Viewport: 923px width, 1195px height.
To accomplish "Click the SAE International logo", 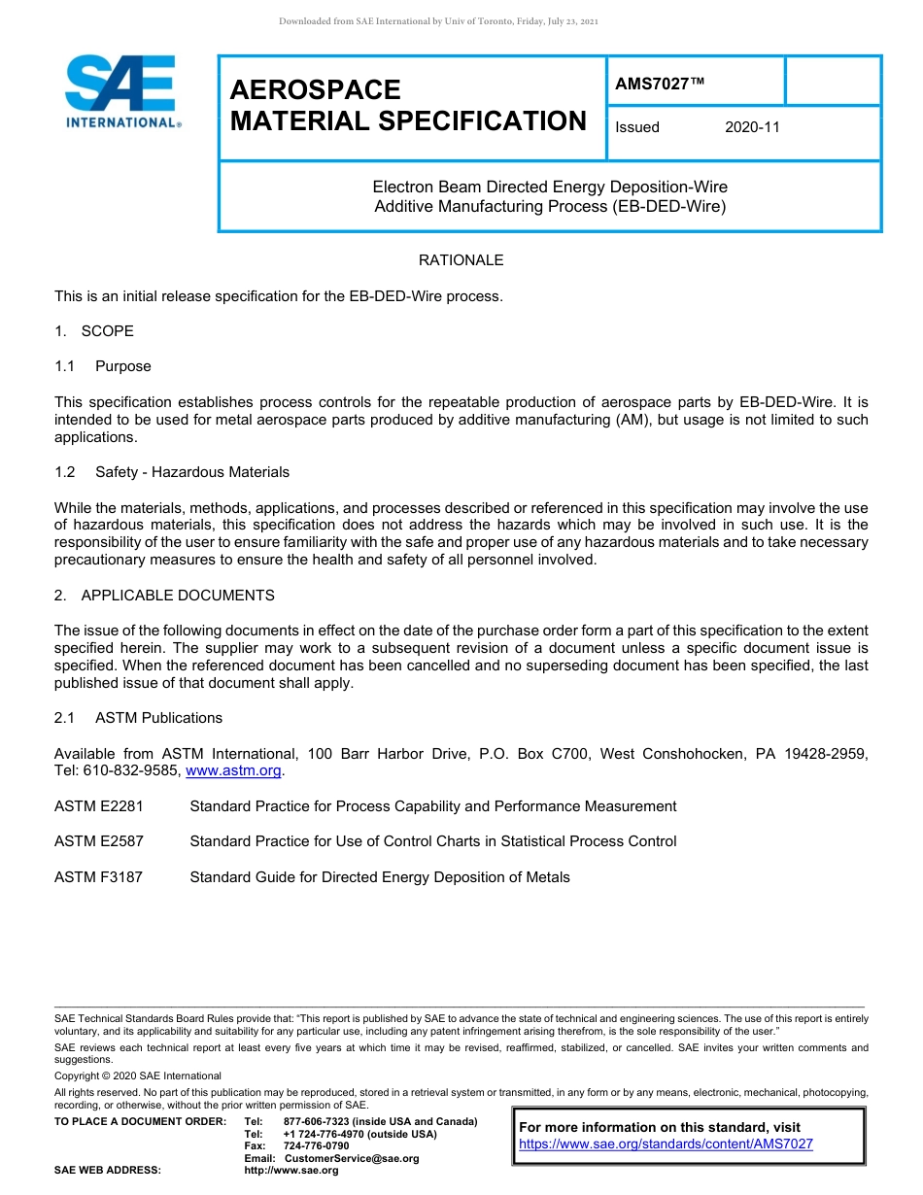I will (121, 91).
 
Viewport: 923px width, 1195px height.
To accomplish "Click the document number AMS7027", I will (659, 85).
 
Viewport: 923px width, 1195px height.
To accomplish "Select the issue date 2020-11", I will (752, 127).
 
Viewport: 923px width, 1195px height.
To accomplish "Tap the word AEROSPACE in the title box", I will (315, 89).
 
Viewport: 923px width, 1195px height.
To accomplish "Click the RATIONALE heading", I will (461, 260).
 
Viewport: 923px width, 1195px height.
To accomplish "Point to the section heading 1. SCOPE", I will (94, 331).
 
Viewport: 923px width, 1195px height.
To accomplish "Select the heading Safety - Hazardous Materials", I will (191, 472).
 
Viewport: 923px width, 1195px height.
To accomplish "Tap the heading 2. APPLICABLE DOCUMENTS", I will (164, 596).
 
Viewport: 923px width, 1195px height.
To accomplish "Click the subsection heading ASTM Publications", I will (158, 718).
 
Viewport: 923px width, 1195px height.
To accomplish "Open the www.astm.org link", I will (233, 771).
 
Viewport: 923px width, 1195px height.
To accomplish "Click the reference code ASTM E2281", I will (98, 806).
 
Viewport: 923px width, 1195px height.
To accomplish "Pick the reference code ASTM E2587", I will (98, 841).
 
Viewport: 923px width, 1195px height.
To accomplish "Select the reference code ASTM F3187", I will (98, 877).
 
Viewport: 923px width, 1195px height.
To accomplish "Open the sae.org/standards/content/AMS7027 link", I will (666, 1144).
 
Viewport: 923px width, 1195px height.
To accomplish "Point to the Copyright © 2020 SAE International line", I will (138, 1075).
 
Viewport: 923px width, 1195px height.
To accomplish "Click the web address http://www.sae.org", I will (291, 1171).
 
